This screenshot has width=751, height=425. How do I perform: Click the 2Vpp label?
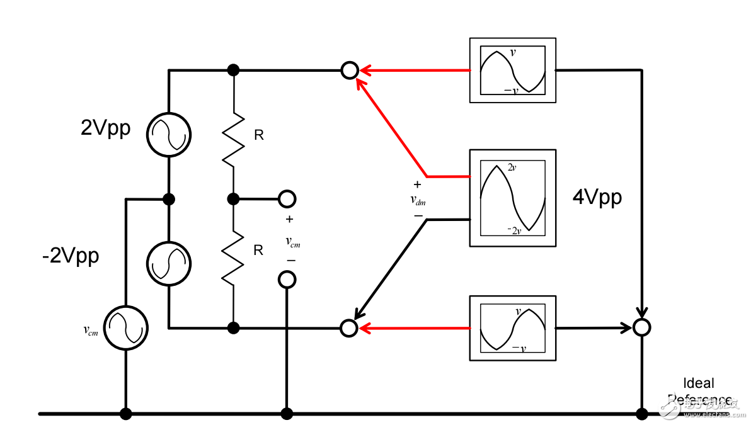click(106, 128)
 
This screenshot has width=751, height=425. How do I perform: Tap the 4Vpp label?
click(597, 198)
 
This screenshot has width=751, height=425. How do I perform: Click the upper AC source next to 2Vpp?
click(169, 134)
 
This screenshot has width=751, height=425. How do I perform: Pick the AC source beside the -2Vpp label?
click(169, 263)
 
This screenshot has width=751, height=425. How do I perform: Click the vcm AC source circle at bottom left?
click(126, 327)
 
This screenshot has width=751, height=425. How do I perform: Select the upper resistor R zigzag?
click(233, 138)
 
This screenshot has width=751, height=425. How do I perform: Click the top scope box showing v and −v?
click(512, 70)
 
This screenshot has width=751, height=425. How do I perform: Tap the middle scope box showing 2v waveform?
click(512, 198)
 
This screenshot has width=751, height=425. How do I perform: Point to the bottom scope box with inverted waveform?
click(512, 327)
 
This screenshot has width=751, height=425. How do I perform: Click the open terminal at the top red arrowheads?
click(349, 70)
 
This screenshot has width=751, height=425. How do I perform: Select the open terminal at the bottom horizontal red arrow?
click(348, 327)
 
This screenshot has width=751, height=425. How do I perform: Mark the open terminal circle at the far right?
click(641, 327)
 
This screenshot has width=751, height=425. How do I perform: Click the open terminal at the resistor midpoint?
click(287, 199)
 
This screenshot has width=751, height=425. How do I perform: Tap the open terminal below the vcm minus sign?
click(287, 279)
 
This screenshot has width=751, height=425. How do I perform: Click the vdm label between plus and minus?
click(417, 200)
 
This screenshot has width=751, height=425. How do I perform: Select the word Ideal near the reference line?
click(699, 383)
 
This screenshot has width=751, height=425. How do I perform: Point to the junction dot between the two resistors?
click(233, 199)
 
